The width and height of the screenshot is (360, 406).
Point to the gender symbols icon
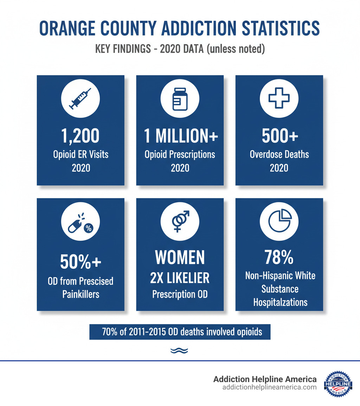coord(180,222)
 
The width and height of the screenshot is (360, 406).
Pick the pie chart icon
coord(279,222)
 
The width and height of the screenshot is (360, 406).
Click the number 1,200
coord(81,136)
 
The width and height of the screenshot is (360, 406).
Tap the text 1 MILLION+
coord(180,136)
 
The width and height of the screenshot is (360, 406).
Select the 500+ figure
coord(279,136)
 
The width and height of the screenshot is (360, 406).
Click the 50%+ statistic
coord(81,261)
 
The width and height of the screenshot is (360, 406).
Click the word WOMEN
coord(180,258)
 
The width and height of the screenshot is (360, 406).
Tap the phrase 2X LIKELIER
coord(180,278)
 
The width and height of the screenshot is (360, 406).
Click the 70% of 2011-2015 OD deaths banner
coord(180,332)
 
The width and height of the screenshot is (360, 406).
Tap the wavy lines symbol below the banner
coord(179,350)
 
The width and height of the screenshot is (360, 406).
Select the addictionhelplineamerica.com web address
coord(269,387)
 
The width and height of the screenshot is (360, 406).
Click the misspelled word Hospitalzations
coord(280,302)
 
